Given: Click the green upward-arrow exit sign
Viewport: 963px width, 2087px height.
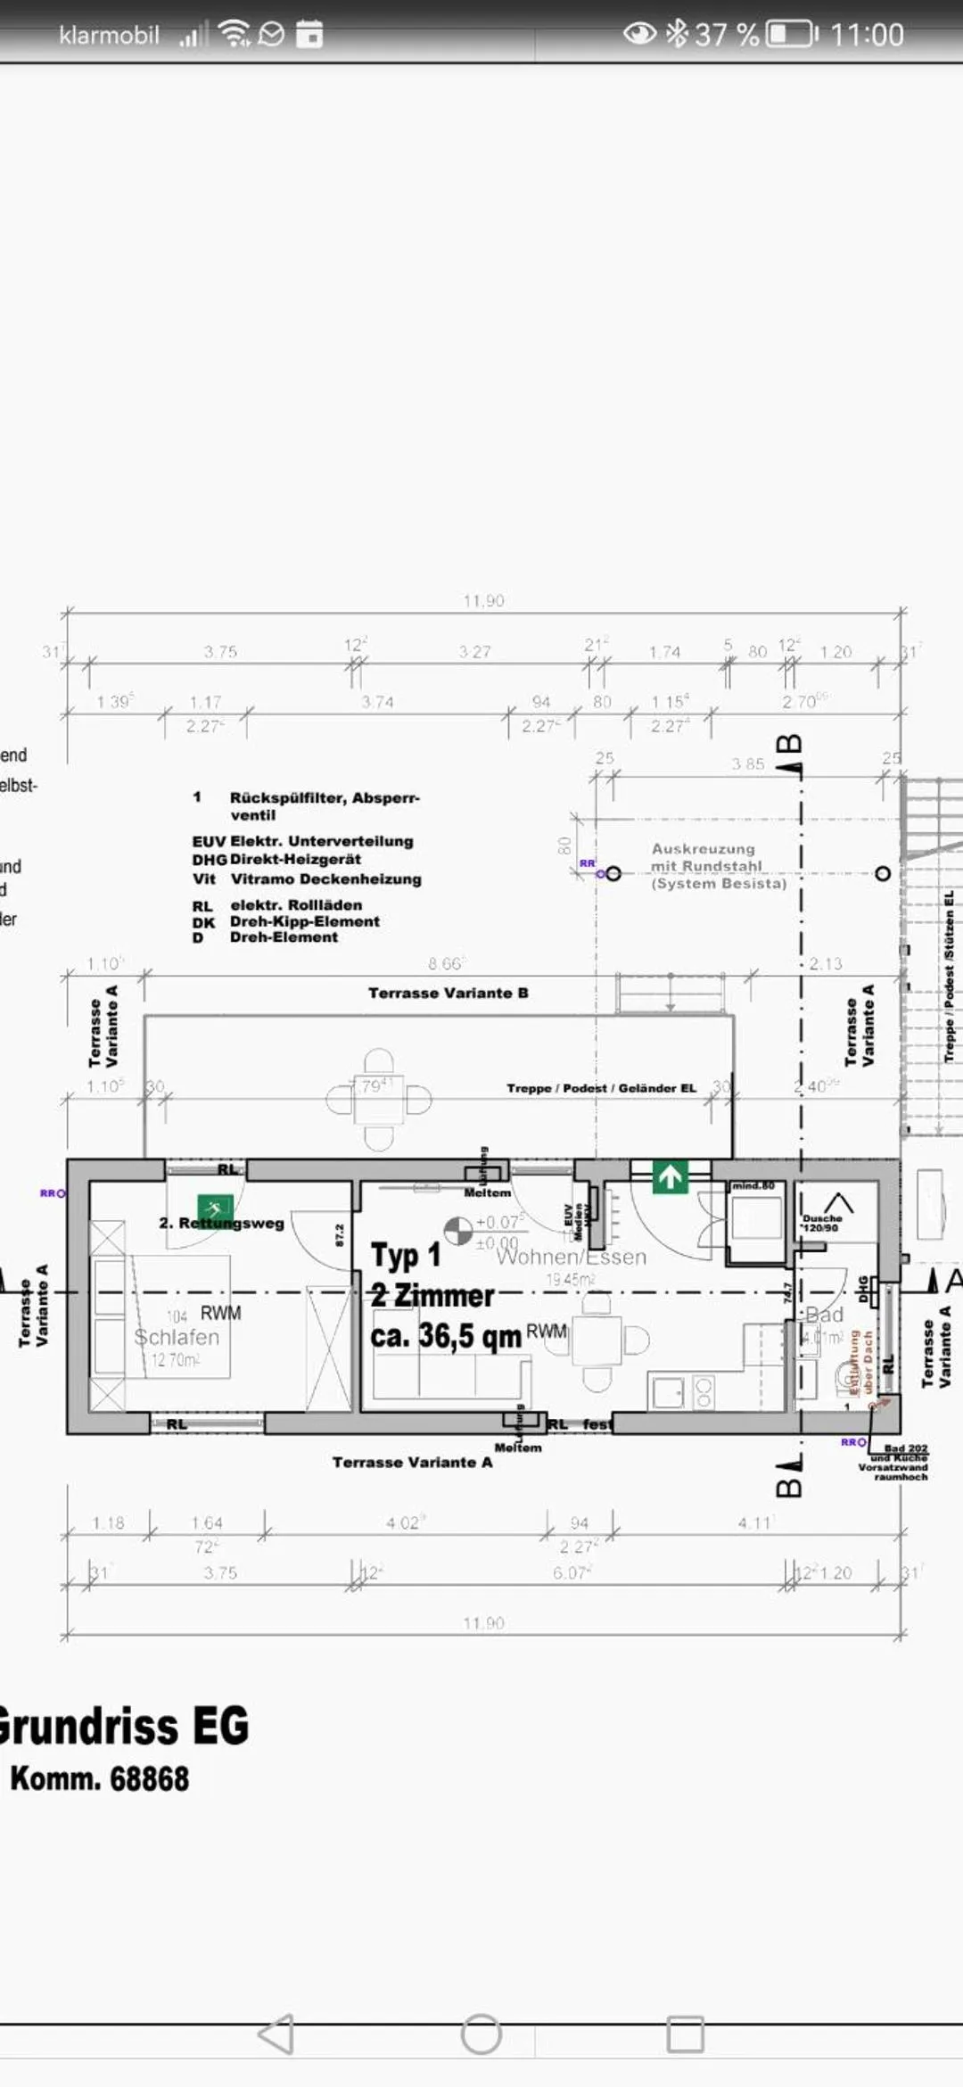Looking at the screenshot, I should coord(670,1177).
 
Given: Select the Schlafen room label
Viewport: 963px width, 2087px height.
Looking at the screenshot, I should coord(177,1337).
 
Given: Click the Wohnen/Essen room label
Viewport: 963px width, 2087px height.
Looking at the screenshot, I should coord(571,1257).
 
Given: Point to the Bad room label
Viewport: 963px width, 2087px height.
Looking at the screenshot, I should coord(825,1315).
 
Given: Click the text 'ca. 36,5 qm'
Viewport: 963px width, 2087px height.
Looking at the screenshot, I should coord(445,1335).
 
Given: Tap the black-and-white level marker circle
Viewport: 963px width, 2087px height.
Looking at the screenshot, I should coord(457,1231).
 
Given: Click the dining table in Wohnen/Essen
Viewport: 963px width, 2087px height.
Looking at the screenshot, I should coord(597,1340).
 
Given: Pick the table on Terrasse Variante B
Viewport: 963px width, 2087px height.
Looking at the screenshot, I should coord(378,1100).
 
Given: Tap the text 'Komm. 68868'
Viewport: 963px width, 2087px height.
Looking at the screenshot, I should coord(100,1778).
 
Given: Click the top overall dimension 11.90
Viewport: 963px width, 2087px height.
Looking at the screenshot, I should coord(483,600).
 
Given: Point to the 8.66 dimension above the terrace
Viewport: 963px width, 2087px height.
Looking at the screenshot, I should coord(446,963).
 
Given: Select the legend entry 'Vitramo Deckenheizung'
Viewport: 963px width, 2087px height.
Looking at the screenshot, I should coord(325,879).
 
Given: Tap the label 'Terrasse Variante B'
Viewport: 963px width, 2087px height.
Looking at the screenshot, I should coord(448,993).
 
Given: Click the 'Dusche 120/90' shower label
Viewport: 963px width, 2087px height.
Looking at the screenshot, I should coord(821,1222).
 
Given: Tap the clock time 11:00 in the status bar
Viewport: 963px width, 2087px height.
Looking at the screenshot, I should coord(866,35).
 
